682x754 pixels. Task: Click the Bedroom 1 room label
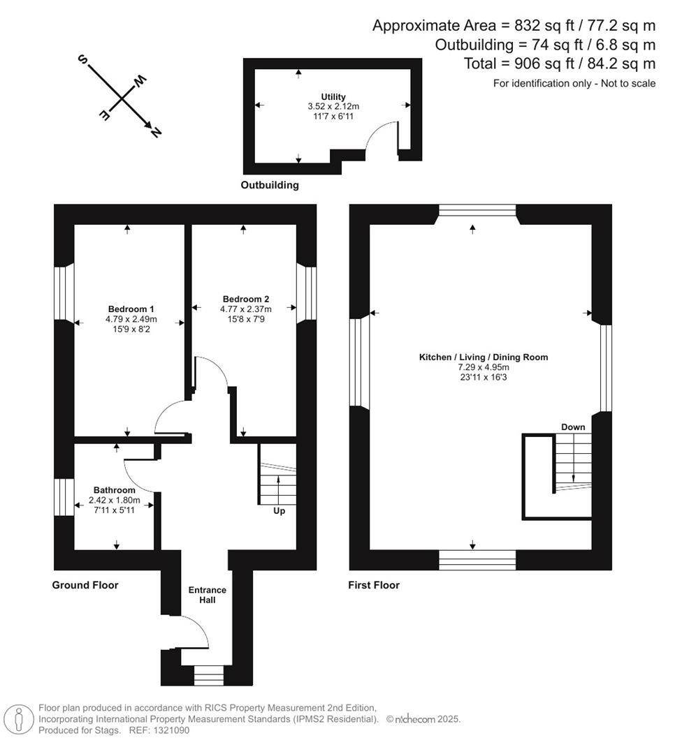click(131, 309)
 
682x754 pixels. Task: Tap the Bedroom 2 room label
click(246, 298)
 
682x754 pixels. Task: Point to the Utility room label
click(333, 97)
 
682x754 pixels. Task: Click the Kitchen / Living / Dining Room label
click(483, 357)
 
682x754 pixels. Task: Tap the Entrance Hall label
click(208, 595)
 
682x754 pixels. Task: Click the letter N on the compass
click(155, 131)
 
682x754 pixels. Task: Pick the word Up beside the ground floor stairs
click(279, 511)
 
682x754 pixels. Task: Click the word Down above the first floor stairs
click(573, 427)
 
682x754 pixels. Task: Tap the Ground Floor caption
click(85, 585)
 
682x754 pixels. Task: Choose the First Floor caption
click(374, 585)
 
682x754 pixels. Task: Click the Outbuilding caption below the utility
click(270, 186)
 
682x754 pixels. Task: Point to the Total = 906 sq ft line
click(560, 64)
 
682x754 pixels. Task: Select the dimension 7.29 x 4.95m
click(483, 367)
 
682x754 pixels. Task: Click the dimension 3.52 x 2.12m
click(333, 107)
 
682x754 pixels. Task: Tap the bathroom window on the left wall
click(64, 496)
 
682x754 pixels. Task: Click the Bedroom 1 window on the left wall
click(64, 293)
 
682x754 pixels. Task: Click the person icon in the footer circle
click(18, 719)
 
